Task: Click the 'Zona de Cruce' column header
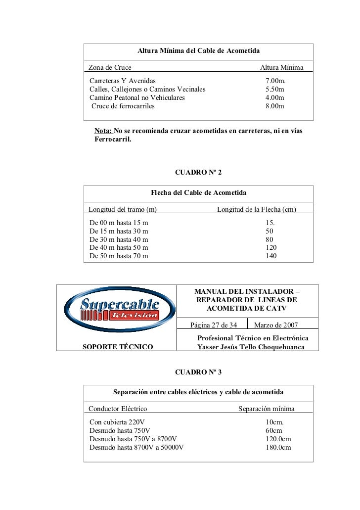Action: [110, 67]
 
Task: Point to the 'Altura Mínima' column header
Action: [282, 67]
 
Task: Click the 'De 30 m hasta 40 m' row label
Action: [119, 239]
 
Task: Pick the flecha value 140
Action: [271, 256]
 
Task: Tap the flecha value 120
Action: [271, 248]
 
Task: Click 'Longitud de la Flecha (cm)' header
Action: [257, 210]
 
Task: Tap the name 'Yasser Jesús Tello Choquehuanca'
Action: [251, 347]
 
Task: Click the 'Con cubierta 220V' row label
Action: [117, 422]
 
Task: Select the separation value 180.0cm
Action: [278, 447]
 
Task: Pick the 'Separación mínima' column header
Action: [267, 409]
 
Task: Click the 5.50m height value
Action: [275, 89]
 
